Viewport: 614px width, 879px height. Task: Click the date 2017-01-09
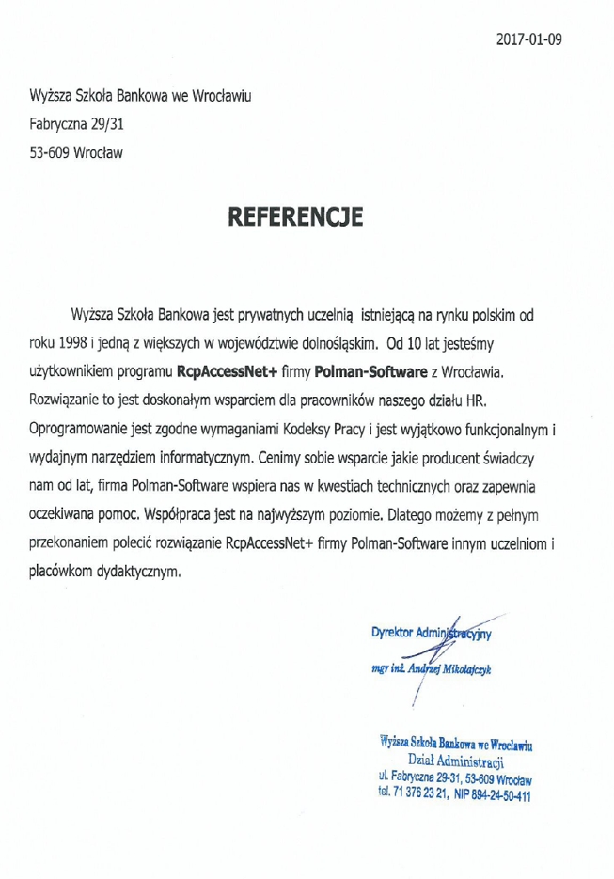(x=528, y=39)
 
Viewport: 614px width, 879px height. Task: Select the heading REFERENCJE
(x=295, y=218)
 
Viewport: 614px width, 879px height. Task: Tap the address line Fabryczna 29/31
(x=72, y=122)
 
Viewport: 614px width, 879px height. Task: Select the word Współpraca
(x=184, y=516)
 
